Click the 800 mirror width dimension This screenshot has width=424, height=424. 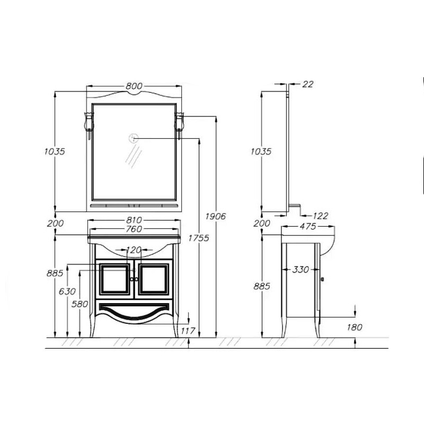point(134,86)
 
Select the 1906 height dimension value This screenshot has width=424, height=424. point(216,216)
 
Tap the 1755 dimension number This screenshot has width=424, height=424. point(199,238)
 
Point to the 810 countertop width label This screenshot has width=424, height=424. point(134,220)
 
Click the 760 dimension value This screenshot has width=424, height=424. point(134,229)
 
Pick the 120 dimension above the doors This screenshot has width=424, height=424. point(134,250)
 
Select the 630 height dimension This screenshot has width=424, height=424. point(67,291)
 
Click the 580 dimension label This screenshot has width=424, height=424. point(80,304)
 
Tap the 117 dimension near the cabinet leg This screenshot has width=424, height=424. point(188,331)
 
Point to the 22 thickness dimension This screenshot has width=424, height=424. point(308,84)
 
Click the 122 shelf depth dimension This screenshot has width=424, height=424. point(321,216)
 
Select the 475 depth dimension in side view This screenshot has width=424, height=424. point(308,226)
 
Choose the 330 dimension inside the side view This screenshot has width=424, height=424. point(301,270)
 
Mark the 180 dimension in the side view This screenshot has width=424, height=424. point(354,328)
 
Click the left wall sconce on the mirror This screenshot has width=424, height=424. point(89,125)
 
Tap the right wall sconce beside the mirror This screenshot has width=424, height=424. point(180,125)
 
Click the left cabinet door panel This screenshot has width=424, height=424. point(114,279)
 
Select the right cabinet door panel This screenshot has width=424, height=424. point(154,279)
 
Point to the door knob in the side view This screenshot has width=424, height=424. point(322,279)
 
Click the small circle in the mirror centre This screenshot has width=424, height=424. point(134,138)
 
